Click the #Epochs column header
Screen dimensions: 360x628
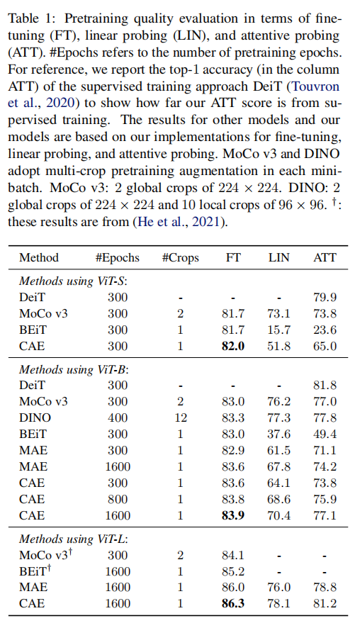(118, 257)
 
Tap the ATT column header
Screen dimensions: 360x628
(325, 257)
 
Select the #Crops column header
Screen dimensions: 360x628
(180, 257)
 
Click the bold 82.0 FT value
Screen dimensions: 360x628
(233, 346)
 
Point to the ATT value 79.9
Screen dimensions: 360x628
(325, 297)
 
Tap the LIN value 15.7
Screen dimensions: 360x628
(279, 330)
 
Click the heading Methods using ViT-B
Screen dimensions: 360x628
(73, 369)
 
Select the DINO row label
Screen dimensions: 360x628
(35, 417)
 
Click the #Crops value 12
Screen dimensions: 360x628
(181, 417)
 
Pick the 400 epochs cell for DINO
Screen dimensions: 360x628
(118, 417)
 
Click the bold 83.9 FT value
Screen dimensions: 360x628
(233, 515)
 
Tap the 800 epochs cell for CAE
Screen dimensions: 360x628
(118, 499)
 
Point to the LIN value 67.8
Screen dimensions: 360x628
(279, 466)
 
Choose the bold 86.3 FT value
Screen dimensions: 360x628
(233, 604)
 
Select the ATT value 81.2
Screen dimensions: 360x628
(325, 604)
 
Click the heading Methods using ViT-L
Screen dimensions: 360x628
(73, 539)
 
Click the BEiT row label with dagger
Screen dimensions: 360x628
(35, 571)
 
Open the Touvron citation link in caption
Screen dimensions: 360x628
(314, 86)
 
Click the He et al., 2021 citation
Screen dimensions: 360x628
(179, 221)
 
